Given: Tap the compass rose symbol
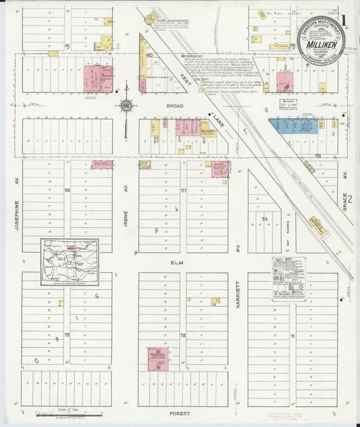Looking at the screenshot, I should [x=126, y=106].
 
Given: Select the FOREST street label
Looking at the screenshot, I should [x=180, y=412].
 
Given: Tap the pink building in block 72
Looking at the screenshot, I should [x=159, y=359].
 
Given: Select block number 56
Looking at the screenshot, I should [x=68, y=191].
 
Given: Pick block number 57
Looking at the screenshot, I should [x=183, y=191].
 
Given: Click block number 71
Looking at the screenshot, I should [x=292, y=336].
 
